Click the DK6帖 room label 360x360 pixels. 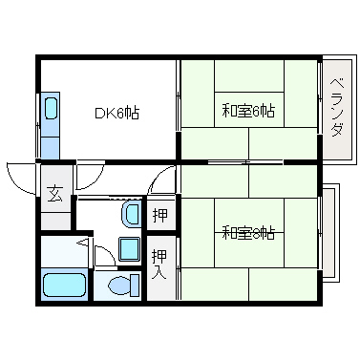tap(117, 113)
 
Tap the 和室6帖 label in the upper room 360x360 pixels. tap(248, 111)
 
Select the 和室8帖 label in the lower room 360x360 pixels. tap(248, 232)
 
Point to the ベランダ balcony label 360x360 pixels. tap(336, 111)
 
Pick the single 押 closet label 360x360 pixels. tap(160, 213)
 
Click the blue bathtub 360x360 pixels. tap(65, 286)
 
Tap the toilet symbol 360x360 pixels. tap(120, 285)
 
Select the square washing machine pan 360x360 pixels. tap(129, 249)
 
